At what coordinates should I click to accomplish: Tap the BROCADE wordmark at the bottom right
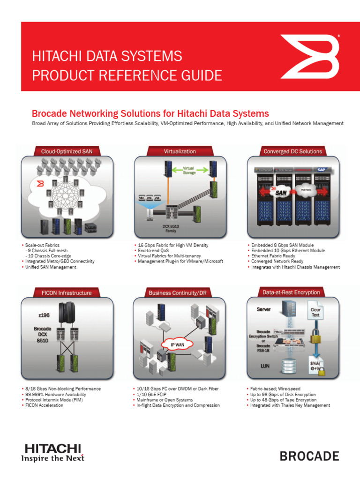[309, 456]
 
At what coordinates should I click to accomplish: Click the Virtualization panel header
[180, 151]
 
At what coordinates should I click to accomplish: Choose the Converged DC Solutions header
[292, 151]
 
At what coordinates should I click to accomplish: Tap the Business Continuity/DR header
[180, 293]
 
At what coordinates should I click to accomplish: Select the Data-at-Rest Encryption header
[291, 292]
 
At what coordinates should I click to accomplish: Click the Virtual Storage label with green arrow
[188, 170]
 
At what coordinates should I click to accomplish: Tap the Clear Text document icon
[315, 313]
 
